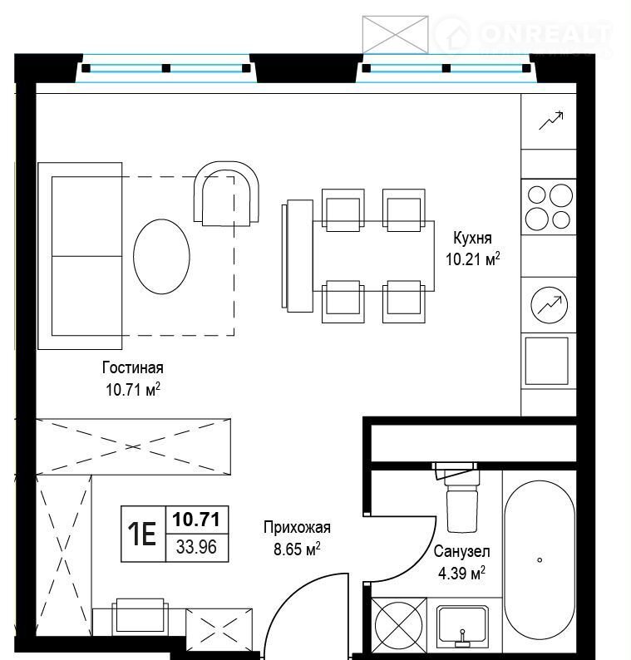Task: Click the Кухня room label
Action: tap(472, 239)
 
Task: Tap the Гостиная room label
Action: tap(132, 367)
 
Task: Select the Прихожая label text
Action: tap(297, 527)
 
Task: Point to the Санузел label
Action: tap(461, 551)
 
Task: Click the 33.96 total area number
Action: tap(196, 547)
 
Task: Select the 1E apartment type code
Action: tap(142, 534)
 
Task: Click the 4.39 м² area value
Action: tap(461, 573)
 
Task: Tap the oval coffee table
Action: tap(161, 256)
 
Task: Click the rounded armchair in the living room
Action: tap(226, 193)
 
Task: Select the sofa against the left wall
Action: tap(80, 256)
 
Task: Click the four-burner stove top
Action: tap(549, 207)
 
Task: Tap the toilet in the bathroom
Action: tap(461, 499)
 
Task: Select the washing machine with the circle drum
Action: tap(399, 624)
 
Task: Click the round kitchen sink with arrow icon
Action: tap(549, 305)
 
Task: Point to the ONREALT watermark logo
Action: tap(522, 35)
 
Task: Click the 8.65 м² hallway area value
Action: tap(297, 549)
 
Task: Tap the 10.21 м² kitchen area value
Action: tap(473, 259)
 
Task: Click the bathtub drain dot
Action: tap(540, 559)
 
